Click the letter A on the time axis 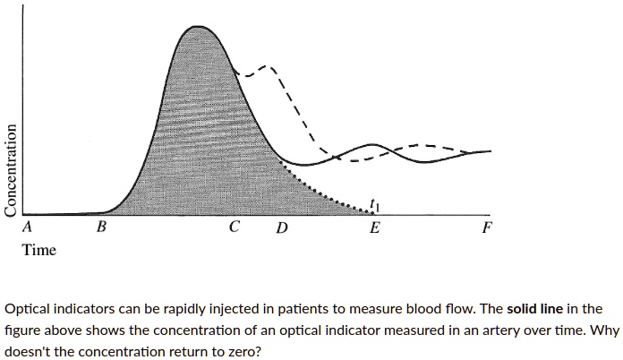click(28, 227)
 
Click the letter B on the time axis click(101, 227)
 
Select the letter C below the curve click(234, 227)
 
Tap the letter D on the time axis click(281, 228)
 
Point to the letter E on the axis click(375, 227)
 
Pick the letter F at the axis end click(486, 227)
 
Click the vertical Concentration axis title click(11, 168)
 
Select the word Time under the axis click(39, 250)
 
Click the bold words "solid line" click(534, 309)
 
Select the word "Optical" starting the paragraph click(31, 309)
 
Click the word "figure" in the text click(25, 330)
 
